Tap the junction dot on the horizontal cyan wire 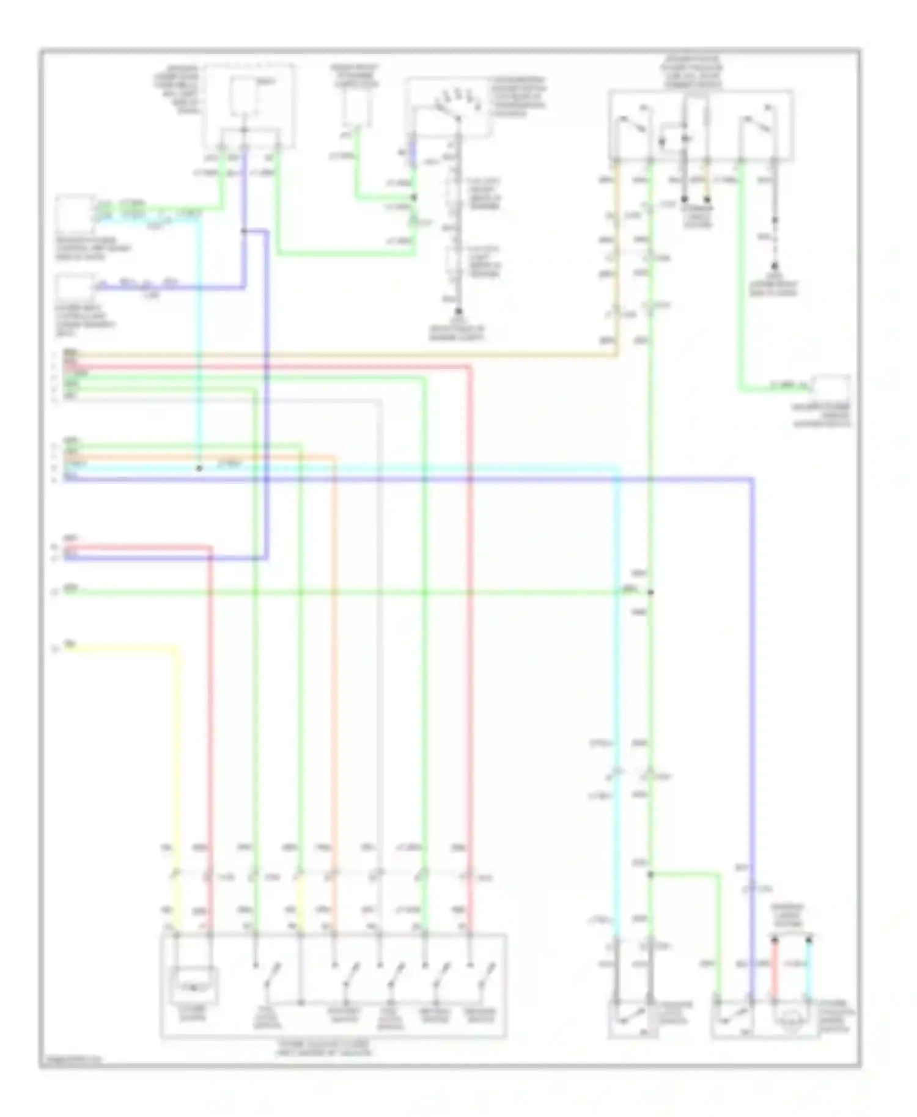tap(198, 469)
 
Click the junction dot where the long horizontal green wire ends tap(650, 592)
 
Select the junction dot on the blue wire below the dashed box tap(243, 231)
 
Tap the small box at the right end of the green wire tap(830, 389)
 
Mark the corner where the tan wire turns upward tap(616, 354)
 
